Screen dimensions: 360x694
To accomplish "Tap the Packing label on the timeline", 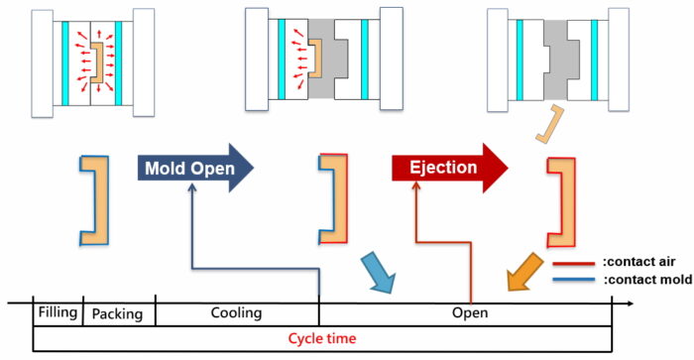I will point(117,313).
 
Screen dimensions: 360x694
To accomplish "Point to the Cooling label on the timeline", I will point(236,313).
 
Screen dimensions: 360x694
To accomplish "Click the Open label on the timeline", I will point(472,313).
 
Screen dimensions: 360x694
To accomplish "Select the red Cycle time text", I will point(322,338).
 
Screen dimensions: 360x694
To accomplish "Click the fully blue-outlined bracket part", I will point(93,198).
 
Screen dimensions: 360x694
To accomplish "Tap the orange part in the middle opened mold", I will point(315,60).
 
